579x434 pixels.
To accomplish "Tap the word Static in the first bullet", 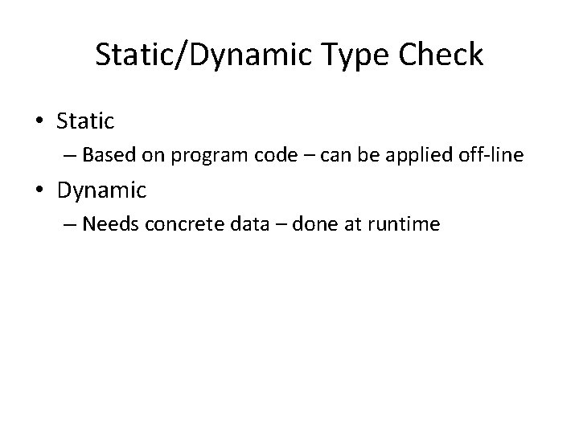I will [x=86, y=121].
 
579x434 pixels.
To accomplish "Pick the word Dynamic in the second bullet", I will [x=101, y=191].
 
